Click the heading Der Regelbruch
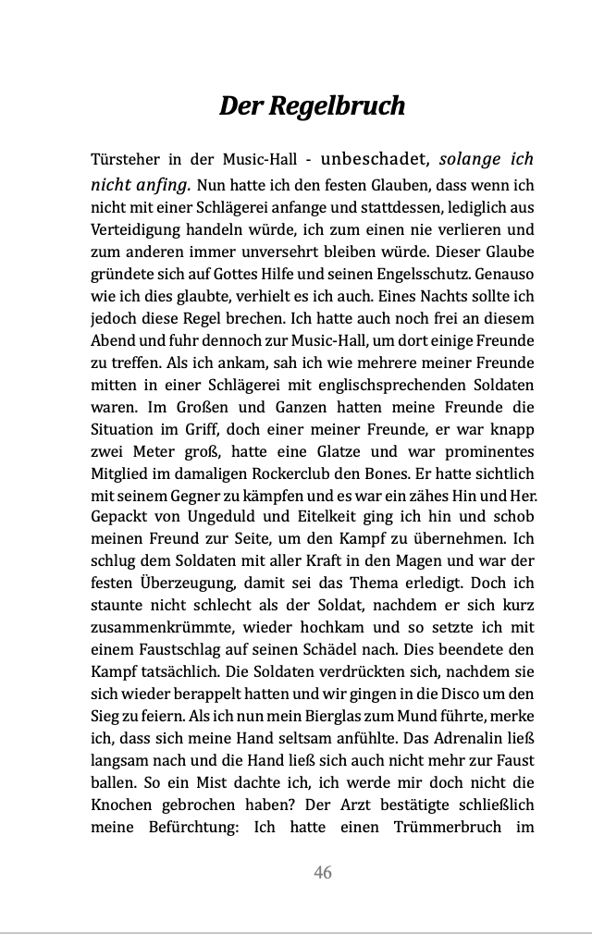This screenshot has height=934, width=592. (312, 105)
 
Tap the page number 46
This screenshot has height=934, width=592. (323, 872)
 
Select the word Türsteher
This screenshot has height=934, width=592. (126, 159)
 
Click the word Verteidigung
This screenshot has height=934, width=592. (136, 229)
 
